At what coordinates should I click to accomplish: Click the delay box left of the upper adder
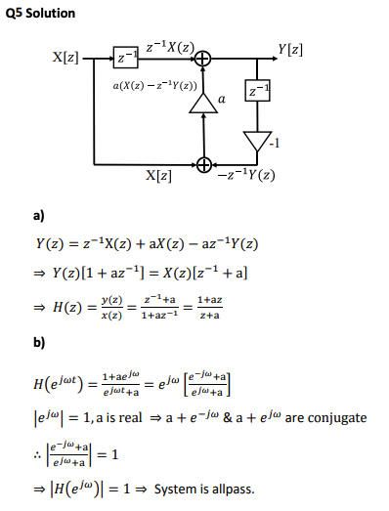[125, 60]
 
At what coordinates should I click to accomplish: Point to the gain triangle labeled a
[204, 101]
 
